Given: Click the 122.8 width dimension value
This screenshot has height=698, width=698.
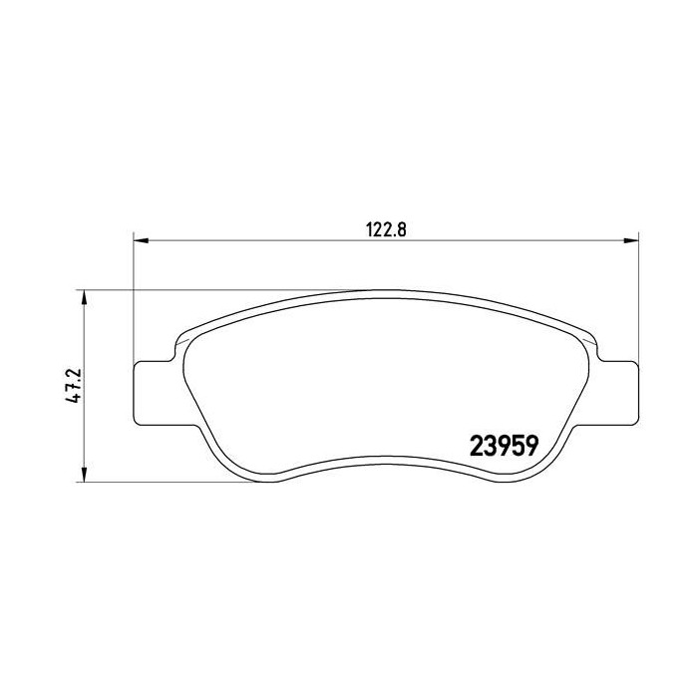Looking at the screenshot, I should coord(384,226).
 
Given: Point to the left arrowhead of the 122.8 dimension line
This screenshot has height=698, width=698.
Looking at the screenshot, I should coord(141,240).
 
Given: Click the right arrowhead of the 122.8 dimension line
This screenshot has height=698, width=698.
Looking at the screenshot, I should coord(629,240).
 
